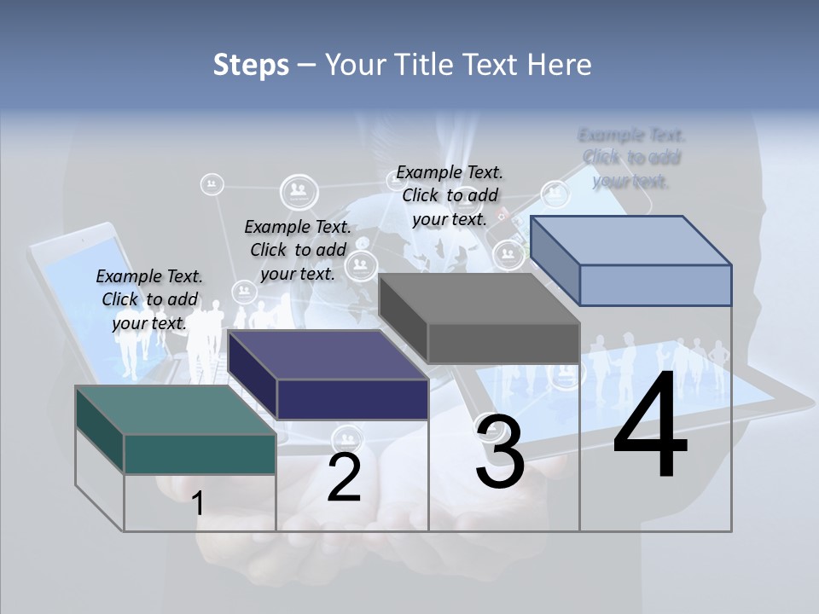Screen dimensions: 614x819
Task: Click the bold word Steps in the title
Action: [x=251, y=65]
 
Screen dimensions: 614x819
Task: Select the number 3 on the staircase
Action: [x=500, y=452]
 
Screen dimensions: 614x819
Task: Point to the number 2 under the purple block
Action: [x=344, y=478]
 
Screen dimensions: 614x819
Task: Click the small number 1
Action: [x=198, y=503]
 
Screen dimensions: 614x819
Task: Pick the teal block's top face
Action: [x=175, y=409]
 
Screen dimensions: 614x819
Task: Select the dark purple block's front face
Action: [x=352, y=399]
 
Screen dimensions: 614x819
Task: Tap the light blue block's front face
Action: [x=655, y=285]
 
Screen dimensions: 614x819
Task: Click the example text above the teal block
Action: [x=149, y=299]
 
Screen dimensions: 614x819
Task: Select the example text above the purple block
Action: [x=298, y=250]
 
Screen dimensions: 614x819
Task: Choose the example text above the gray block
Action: [x=450, y=195]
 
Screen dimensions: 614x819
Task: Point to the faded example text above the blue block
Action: [x=631, y=158]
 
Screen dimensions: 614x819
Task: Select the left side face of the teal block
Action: [x=100, y=428]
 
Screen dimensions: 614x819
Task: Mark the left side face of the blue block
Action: [x=555, y=260]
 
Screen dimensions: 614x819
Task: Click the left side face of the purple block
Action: [x=252, y=375]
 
